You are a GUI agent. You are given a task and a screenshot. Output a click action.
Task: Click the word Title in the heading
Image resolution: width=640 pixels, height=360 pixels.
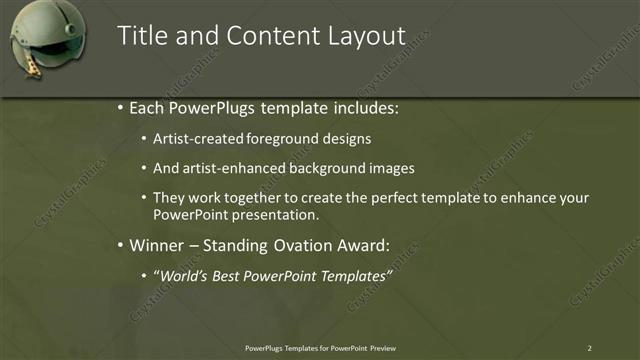click(142, 36)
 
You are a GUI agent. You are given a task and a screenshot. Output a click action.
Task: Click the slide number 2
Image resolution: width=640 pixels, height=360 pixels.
click(590, 347)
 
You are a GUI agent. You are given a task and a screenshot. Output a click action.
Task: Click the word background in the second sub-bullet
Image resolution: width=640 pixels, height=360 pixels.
click(332, 168)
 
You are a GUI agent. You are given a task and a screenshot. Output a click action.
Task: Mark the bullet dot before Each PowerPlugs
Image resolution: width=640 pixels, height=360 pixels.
click(120, 107)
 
